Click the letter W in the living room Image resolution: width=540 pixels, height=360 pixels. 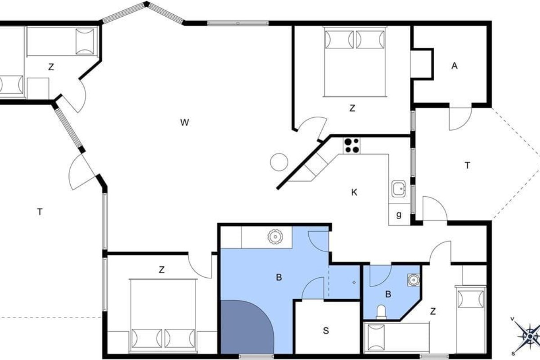pos(184,122)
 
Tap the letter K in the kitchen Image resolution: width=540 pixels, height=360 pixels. pos(354,193)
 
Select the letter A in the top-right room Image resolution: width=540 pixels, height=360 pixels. pos(454,66)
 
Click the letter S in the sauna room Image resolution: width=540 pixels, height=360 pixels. pos(326,331)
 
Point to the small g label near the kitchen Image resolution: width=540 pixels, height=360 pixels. pos(399,214)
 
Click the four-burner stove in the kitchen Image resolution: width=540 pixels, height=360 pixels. pos(352,146)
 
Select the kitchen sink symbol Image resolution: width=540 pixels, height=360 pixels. pos(399,188)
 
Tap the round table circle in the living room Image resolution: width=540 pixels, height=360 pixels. pos(279,162)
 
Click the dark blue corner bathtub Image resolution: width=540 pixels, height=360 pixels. pos(246,328)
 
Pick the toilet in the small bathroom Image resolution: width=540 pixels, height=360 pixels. pos(381,312)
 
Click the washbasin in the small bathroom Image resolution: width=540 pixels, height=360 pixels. pos(414,280)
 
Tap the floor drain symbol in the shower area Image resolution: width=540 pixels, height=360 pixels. pos(354,282)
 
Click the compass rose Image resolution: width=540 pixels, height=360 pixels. pos(530,336)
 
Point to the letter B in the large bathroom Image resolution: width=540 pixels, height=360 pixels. pos(279,278)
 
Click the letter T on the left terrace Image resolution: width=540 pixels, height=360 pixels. pos(40,212)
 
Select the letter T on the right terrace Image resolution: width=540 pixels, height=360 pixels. pos(467,166)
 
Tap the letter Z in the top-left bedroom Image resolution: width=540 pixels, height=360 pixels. pos(51,67)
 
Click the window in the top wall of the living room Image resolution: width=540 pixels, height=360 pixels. pos(238,23)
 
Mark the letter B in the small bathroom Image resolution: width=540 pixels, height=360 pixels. pos(388,294)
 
